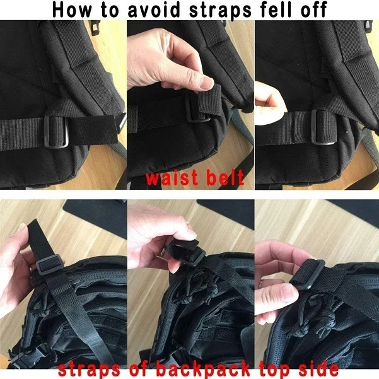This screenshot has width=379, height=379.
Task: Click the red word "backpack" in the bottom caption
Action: pyautogui.click(x=201, y=368)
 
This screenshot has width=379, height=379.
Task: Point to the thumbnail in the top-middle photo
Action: pyautogui.click(x=190, y=82)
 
